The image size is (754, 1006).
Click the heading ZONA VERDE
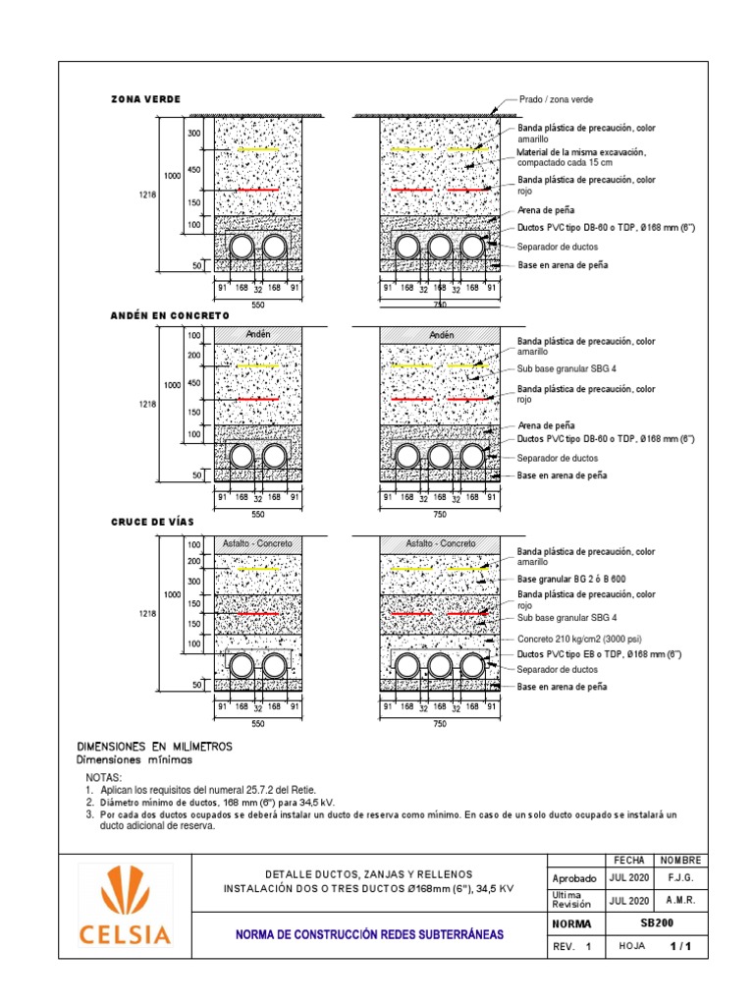coord(145,99)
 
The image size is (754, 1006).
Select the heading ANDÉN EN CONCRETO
coord(169,315)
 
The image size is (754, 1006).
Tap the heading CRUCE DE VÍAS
coord(151,521)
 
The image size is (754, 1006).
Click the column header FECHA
coord(628,860)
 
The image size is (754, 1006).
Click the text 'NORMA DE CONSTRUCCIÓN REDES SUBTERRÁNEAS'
coord(369,935)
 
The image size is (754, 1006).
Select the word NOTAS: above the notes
coord(105,777)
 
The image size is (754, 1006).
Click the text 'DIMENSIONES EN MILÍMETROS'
coord(154,747)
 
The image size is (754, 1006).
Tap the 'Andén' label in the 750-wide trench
coord(440,335)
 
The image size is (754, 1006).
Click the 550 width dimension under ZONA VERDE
coord(258,306)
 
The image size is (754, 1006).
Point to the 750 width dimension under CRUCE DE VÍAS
coord(440,723)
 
